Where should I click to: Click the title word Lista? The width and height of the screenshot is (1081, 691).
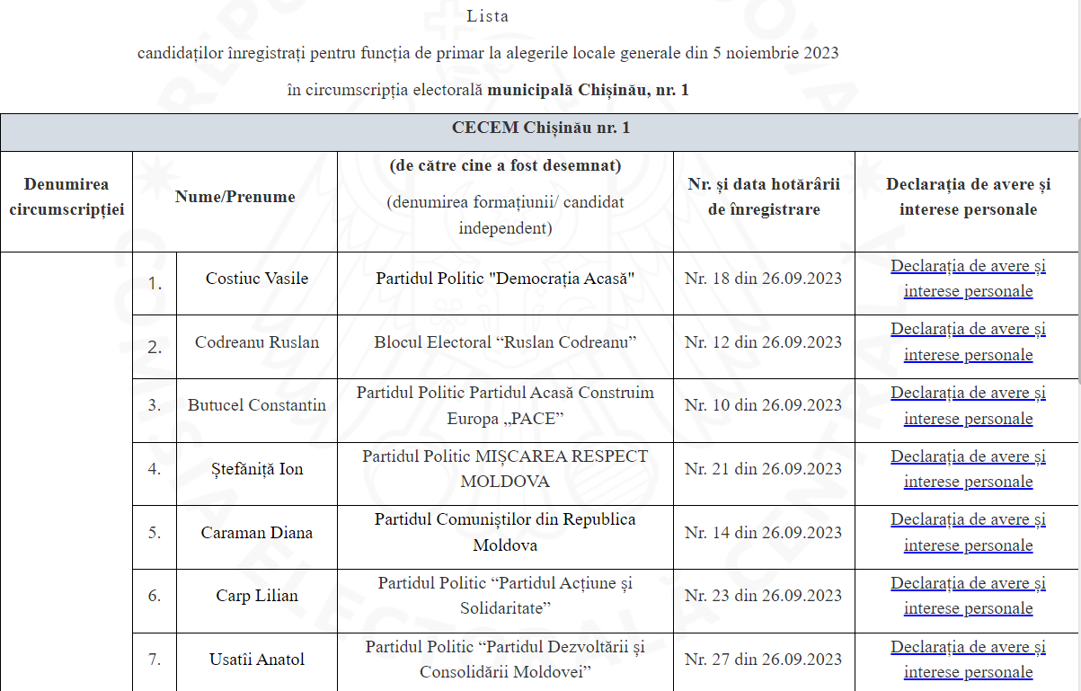coord(488,16)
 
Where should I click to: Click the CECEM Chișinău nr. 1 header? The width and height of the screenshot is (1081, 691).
coord(540,128)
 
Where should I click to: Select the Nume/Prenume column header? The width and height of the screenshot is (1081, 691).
coord(235,197)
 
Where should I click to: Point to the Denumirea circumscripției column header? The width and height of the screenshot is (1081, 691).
coord(66,197)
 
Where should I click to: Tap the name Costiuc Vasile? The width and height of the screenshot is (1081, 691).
coord(257,279)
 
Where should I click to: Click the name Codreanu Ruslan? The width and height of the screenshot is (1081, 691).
coord(257,342)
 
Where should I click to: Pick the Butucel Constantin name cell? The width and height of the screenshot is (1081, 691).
coord(257,405)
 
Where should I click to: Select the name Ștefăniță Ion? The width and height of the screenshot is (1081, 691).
coord(257,469)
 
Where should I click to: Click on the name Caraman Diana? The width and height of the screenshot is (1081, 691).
coord(257,533)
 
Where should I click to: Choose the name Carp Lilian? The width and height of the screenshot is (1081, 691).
coord(257,596)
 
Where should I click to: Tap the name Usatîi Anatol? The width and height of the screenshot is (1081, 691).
coord(257,660)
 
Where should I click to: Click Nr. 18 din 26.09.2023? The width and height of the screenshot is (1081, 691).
coord(763,279)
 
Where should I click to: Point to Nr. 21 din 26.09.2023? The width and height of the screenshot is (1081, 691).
coord(763,469)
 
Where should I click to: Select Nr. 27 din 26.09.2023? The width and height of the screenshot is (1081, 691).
coord(763,660)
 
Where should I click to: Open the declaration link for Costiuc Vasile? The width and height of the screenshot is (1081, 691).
coord(968,279)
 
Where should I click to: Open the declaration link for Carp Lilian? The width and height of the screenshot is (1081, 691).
coord(968,596)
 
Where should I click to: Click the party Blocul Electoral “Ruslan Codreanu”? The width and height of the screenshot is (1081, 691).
coord(505,342)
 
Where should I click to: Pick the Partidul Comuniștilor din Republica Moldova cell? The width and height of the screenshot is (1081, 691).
coord(505,533)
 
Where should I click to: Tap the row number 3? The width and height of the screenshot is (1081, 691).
coord(155,405)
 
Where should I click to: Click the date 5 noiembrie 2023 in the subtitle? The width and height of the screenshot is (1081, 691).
coord(775,53)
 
